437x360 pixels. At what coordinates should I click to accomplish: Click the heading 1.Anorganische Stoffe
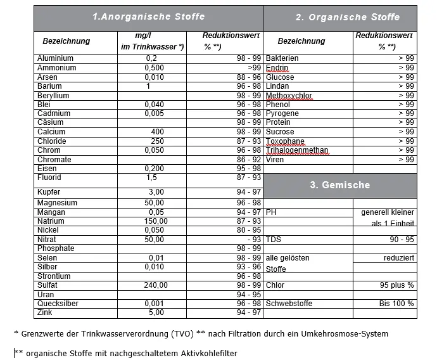[x=148, y=16]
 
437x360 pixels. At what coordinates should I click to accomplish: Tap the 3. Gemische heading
[x=339, y=185]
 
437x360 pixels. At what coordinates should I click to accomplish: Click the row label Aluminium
[x=56, y=58]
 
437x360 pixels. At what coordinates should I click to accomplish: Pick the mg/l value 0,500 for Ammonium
[x=155, y=68]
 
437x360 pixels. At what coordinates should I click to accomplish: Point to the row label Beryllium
[x=53, y=96]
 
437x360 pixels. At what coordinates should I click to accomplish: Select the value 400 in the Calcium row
[x=158, y=132]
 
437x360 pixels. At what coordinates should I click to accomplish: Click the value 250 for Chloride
[x=158, y=141]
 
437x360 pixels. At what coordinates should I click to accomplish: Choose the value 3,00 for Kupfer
[x=156, y=191]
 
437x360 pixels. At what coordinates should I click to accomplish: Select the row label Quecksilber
[x=58, y=304]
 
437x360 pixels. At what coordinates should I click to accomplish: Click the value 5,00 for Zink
[x=156, y=313]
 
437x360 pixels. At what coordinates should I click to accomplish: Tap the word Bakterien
[x=282, y=58]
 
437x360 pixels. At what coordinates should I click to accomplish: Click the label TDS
[x=274, y=240]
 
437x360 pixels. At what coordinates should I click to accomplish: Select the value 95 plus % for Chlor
[x=397, y=286]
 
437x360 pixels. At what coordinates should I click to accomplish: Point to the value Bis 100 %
[x=397, y=304]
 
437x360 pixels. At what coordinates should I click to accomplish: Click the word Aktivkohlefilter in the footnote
[x=207, y=354]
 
